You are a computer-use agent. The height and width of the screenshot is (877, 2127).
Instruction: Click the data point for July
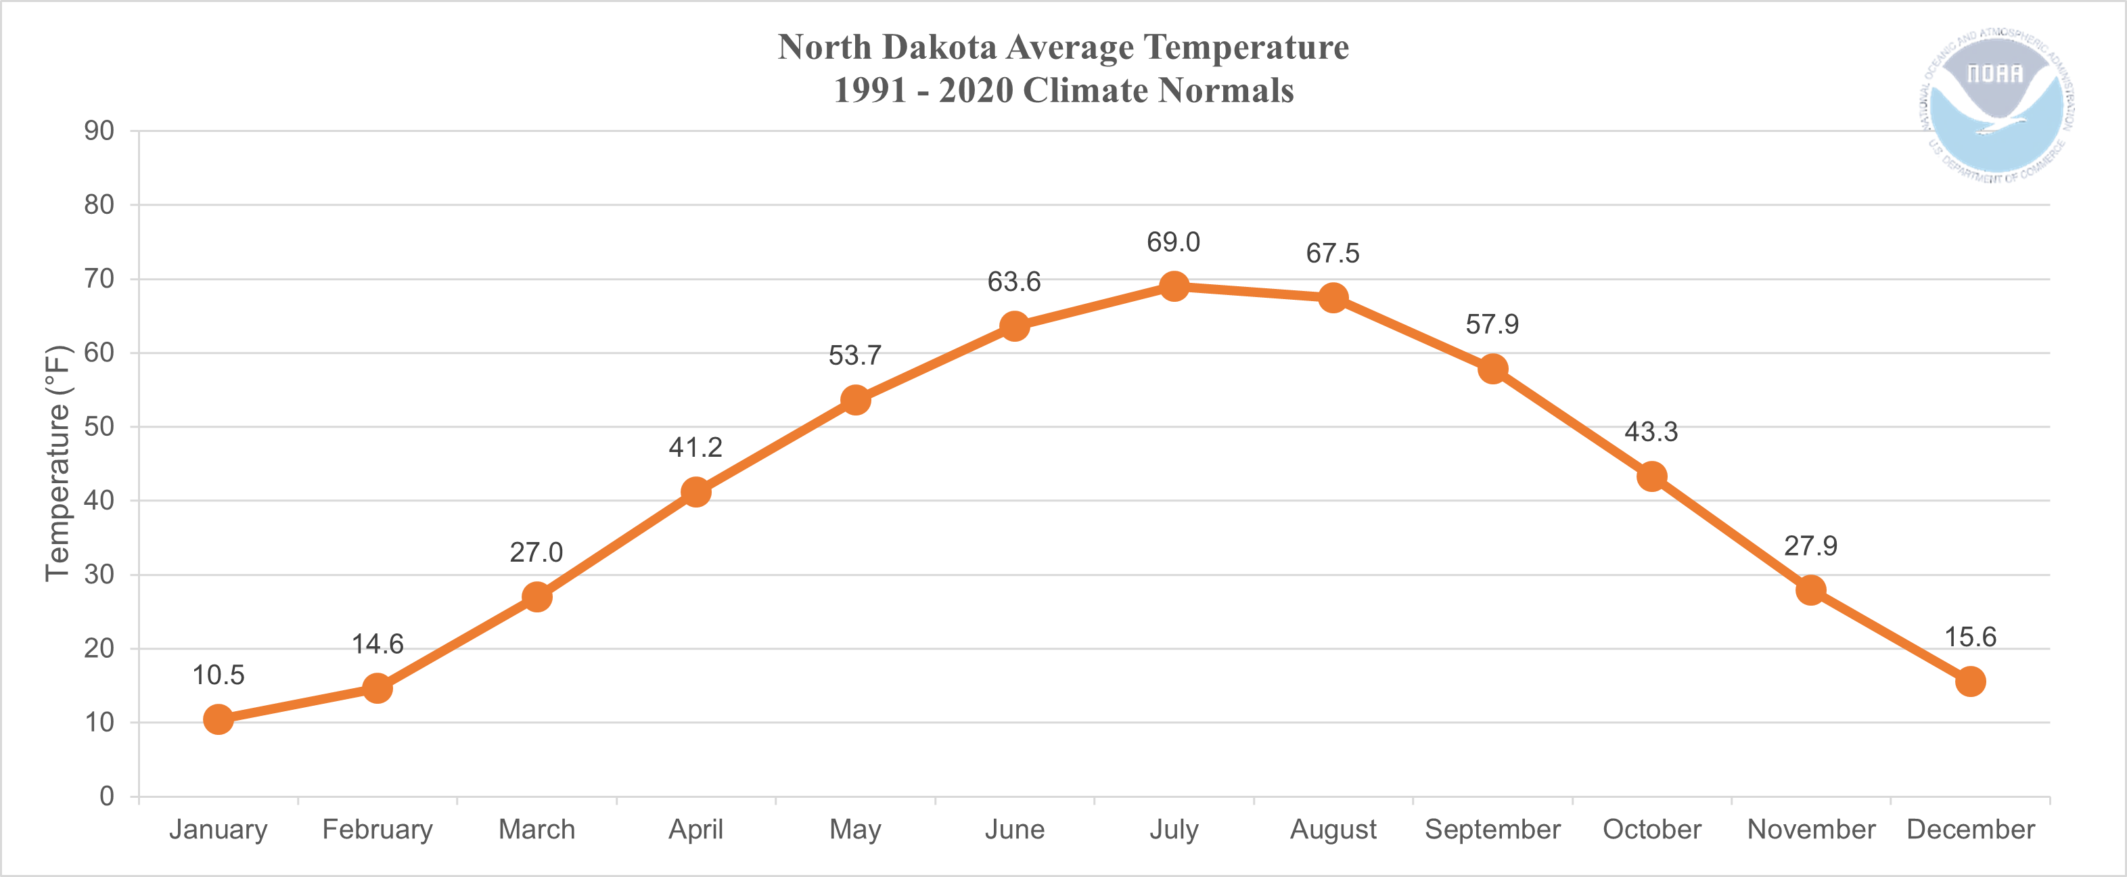click(x=1173, y=286)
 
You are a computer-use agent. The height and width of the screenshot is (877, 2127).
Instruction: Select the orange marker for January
click(x=218, y=719)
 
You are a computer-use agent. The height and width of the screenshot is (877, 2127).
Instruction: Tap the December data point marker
click(x=1970, y=681)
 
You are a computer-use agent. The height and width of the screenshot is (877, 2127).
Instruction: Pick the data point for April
click(x=695, y=492)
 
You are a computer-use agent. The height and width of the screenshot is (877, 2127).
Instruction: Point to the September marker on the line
click(x=1492, y=368)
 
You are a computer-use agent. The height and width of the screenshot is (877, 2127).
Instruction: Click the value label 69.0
click(x=1172, y=242)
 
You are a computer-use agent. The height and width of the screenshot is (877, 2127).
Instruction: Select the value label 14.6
click(x=378, y=644)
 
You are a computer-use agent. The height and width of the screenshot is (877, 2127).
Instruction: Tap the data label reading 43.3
click(x=1651, y=432)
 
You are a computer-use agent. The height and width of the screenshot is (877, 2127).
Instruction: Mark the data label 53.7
click(x=854, y=356)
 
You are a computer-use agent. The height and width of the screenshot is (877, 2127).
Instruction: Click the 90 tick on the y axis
click(x=99, y=131)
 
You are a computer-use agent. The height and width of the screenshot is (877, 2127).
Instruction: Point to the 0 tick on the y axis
click(x=106, y=796)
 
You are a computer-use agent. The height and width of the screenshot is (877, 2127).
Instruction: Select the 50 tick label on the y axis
click(x=99, y=427)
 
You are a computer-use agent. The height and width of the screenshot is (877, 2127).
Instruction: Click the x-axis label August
click(x=1333, y=829)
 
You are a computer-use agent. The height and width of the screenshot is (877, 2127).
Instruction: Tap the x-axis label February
click(x=378, y=829)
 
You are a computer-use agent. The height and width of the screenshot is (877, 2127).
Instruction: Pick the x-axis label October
click(x=1651, y=829)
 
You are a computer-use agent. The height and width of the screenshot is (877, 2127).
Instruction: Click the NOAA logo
click(x=1995, y=105)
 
